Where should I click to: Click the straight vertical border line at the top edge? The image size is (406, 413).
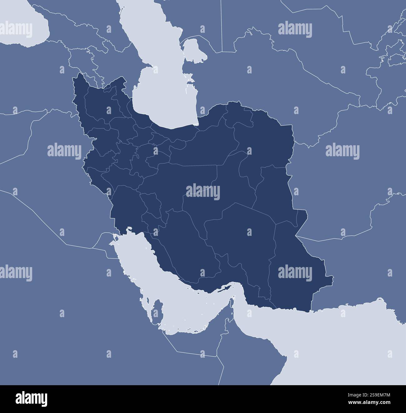pyautogui.click(x=221, y=25)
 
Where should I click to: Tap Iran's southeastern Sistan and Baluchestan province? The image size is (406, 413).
pyautogui.click(x=297, y=266)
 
